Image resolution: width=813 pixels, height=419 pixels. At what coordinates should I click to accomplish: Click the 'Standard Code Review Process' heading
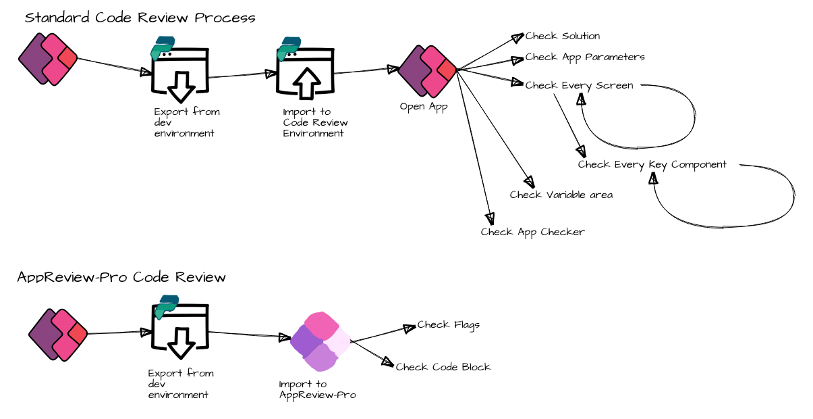point(140,18)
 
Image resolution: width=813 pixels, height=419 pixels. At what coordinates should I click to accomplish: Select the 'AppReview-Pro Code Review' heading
point(121,277)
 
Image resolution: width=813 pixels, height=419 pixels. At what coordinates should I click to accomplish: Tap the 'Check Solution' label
point(562,36)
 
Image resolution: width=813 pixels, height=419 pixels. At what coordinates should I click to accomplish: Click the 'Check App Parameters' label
point(584,57)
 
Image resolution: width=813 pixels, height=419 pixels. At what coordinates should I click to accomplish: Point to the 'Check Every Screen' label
point(579,85)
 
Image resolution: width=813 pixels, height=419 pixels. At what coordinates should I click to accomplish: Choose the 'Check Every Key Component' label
point(652,164)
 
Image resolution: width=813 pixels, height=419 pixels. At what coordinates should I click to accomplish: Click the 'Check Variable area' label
point(561,195)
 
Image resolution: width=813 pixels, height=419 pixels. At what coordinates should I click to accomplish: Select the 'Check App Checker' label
point(532,232)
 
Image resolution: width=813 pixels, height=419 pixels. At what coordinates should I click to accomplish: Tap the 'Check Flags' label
point(448,324)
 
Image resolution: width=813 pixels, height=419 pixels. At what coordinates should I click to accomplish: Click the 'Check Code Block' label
point(443,367)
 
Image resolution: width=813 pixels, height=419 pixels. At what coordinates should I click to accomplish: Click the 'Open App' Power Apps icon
point(428,70)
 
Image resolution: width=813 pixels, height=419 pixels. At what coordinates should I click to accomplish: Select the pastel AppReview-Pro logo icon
point(320,341)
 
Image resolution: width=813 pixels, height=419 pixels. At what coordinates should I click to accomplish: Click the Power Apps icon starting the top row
point(48,59)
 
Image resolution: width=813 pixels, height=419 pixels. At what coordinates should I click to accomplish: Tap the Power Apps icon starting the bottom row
point(58,335)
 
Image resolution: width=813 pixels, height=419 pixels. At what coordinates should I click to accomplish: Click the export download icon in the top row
point(179,72)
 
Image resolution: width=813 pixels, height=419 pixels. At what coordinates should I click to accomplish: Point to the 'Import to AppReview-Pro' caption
point(317,389)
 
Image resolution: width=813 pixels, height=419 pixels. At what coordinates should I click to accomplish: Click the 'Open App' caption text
point(423,107)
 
